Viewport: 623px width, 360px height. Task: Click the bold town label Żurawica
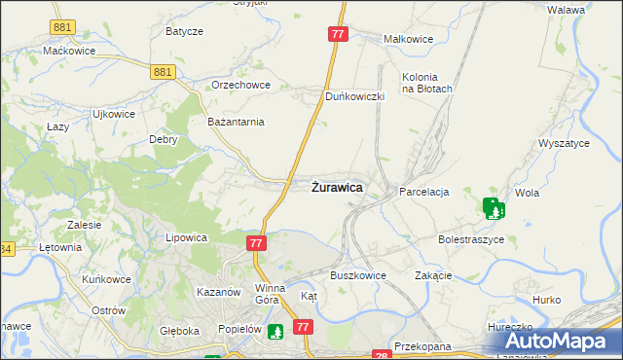click(x=338, y=186)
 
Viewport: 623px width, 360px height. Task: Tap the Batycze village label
click(x=184, y=31)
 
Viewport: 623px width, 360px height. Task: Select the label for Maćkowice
click(x=67, y=50)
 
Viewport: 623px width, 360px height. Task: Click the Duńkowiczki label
click(x=356, y=97)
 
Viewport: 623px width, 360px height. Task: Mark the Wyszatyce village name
click(x=565, y=143)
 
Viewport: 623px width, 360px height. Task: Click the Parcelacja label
click(x=423, y=193)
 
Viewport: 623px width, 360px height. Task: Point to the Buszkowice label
click(x=358, y=275)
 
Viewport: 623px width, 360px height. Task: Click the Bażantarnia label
click(x=237, y=122)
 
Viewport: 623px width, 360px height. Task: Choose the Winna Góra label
click(x=270, y=294)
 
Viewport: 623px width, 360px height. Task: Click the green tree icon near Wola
click(x=494, y=207)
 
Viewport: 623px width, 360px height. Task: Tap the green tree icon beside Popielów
click(x=275, y=332)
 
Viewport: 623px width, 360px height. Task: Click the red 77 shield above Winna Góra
click(x=257, y=243)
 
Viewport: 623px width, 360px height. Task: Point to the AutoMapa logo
click(x=554, y=340)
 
